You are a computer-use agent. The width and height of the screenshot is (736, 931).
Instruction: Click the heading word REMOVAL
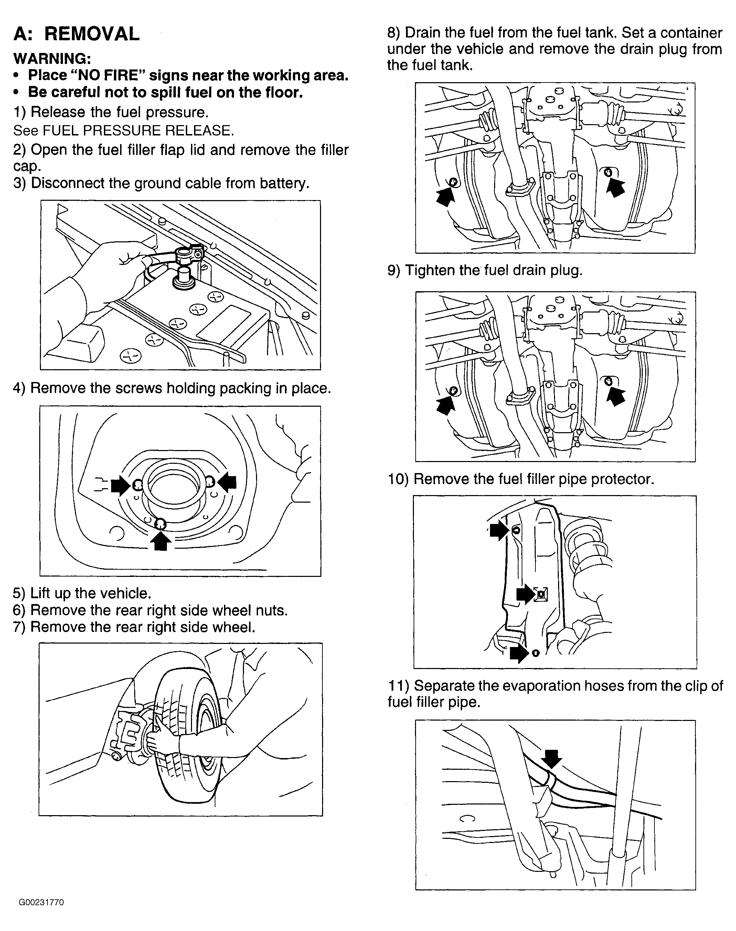(92, 34)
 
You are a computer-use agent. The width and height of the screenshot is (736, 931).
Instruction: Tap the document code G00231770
(41, 902)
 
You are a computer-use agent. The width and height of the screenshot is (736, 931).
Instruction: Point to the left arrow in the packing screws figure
(120, 486)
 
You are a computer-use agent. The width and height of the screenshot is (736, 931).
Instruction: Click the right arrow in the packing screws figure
(227, 481)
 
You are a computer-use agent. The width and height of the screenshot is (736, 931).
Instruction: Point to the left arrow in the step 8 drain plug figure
(445, 197)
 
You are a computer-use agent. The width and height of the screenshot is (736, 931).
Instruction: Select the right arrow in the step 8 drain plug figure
(616, 187)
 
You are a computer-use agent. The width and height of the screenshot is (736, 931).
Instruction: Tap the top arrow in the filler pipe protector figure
(499, 530)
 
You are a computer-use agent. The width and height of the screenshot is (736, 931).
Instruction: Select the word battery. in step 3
(285, 184)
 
